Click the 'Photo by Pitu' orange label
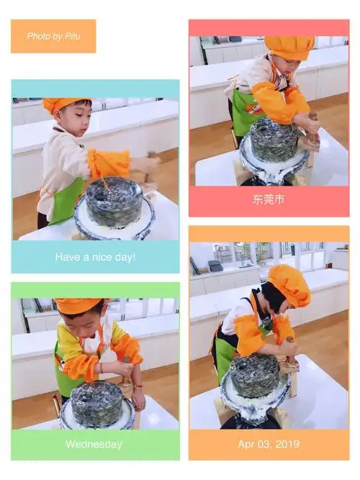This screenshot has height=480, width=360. pos(53,36)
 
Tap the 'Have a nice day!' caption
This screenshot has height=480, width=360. pos(95,257)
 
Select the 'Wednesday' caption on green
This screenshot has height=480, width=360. pos(94,444)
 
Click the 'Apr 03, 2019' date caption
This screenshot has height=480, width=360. pos(268,444)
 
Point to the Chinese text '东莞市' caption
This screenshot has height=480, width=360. pos(269,199)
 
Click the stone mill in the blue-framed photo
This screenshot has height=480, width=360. pos(114,203)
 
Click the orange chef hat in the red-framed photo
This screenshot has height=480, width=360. pos(288,47)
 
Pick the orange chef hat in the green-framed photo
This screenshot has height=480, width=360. pos(78,306)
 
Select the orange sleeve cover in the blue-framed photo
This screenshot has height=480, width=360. pos(108,163)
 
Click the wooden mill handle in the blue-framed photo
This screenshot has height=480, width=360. pos(150,169)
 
